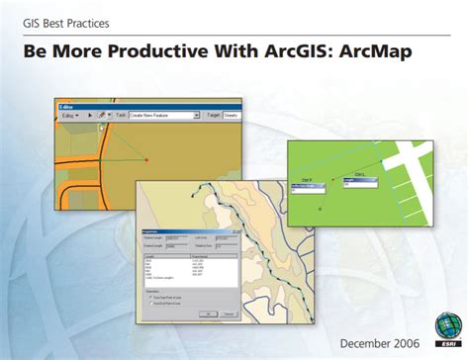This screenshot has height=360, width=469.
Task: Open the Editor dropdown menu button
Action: click(68, 117)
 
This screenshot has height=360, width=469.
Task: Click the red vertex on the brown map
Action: click(146, 159)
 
